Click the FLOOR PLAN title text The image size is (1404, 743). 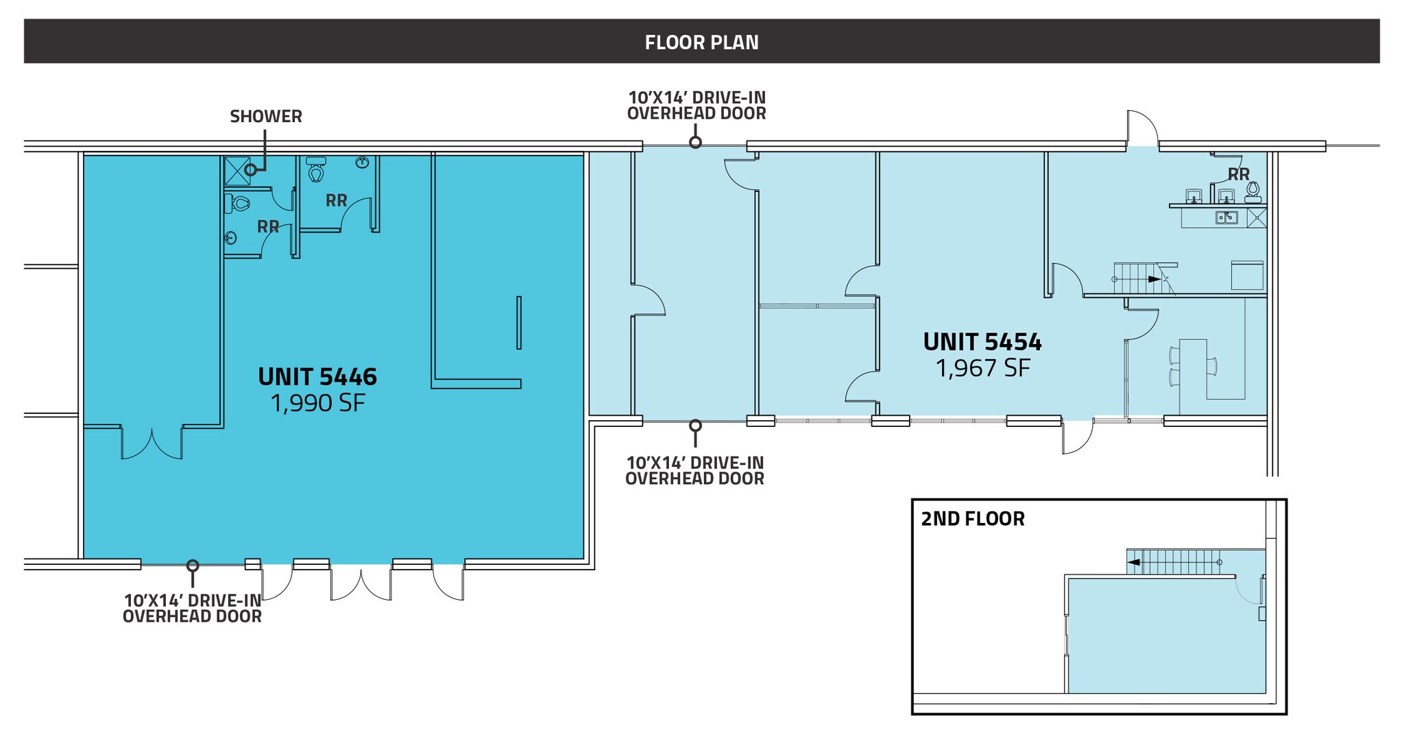pos(701,42)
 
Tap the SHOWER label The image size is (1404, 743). pos(266,117)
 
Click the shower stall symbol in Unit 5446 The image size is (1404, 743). pos(237,171)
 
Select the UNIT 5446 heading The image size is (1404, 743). pos(317,377)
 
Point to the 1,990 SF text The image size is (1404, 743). pos(317,403)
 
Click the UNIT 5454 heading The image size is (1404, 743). pos(982,342)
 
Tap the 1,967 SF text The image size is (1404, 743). pos(982,368)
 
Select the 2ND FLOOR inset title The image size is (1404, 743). pos(972,519)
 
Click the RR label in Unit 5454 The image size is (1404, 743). pos(1238,174)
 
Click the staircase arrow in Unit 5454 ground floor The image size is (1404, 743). pos(1154,279)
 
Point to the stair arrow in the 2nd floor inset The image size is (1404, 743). pos(1134,562)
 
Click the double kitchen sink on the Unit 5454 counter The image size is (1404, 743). pos(1226,217)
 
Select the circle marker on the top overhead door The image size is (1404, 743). pos(695,143)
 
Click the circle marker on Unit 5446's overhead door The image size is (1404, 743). pos(193,565)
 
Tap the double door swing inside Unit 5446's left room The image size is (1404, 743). pos(152,444)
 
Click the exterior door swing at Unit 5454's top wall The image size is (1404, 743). pos(1142,129)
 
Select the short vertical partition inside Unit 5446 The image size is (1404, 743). pos(519,322)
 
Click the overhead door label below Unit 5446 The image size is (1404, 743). pos(192,608)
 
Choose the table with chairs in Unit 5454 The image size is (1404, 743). pos(1193,368)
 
